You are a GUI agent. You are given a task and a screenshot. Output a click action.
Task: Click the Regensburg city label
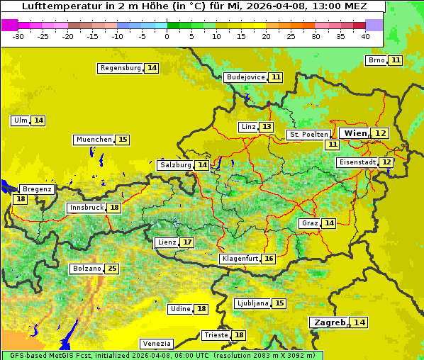pyautogui.click(x=120, y=68)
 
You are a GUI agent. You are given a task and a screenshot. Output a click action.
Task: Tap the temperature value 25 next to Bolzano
pyautogui.click(x=112, y=269)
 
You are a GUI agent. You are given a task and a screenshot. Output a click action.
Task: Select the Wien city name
pyautogui.click(x=356, y=133)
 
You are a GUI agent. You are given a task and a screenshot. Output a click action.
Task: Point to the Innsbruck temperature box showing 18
pyautogui.click(x=114, y=208)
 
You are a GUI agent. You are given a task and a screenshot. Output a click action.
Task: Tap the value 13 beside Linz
pyautogui.click(x=266, y=127)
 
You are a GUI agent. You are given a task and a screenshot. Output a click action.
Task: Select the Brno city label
pyautogui.click(x=376, y=60)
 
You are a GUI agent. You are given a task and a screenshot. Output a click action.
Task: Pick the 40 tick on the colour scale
pyautogui.click(x=365, y=36)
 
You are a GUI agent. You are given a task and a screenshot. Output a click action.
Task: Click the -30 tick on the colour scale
pyautogui.click(x=18, y=36)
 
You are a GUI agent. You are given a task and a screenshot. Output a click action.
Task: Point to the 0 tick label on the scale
pyautogui.click(x=167, y=36)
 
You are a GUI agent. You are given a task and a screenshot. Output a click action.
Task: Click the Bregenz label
pyautogui.click(x=37, y=189)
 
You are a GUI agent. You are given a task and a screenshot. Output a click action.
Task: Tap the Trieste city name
pyautogui.click(x=216, y=335)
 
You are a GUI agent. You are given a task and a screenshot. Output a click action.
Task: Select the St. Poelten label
pyautogui.click(x=308, y=134)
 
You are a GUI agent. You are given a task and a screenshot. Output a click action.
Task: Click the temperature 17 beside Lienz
pyautogui.click(x=187, y=242)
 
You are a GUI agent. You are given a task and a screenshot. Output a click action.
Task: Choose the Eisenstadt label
pyautogui.click(x=357, y=162)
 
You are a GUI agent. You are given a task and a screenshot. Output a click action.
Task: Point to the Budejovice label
pyautogui.click(x=245, y=77)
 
